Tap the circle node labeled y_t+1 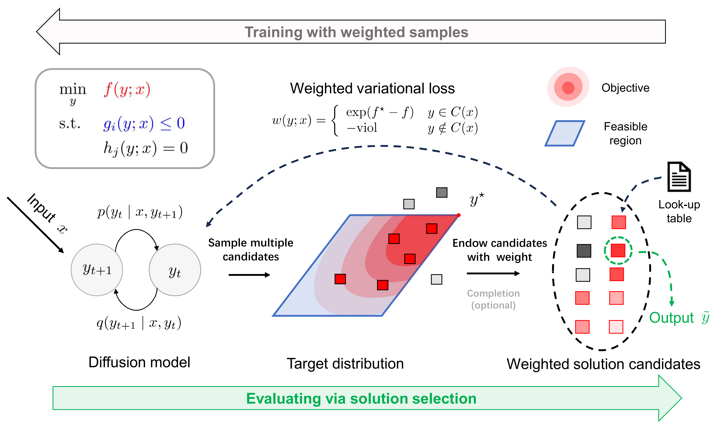click(97, 270)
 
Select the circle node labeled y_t click(175, 270)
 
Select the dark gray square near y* click(441, 192)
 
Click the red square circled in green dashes click(618, 250)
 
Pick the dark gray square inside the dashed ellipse click(584, 251)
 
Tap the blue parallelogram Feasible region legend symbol click(565, 133)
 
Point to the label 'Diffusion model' click(139, 362)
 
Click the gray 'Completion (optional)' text click(493, 299)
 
